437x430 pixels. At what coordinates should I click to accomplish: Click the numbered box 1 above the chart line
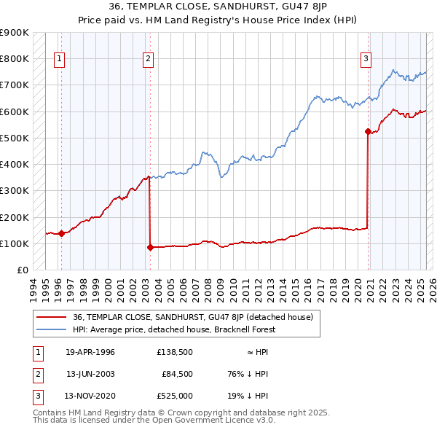click(x=59, y=60)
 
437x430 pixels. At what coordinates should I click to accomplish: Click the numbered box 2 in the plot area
click(x=148, y=60)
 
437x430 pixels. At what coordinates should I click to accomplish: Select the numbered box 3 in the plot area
click(x=366, y=60)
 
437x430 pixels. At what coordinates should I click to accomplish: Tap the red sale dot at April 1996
click(x=62, y=234)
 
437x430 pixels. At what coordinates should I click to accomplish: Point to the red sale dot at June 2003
click(x=150, y=248)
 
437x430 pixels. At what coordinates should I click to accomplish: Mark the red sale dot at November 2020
click(x=368, y=132)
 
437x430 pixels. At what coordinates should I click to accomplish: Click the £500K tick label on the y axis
click(x=15, y=138)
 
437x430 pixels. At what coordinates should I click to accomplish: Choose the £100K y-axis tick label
click(x=15, y=243)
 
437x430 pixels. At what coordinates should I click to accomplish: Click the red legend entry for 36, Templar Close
click(x=193, y=317)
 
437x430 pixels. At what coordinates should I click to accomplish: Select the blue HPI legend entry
click(x=174, y=329)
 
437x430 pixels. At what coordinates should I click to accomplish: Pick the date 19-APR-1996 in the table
click(x=90, y=351)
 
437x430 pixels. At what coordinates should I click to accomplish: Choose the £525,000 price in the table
click(x=174, y=396)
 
